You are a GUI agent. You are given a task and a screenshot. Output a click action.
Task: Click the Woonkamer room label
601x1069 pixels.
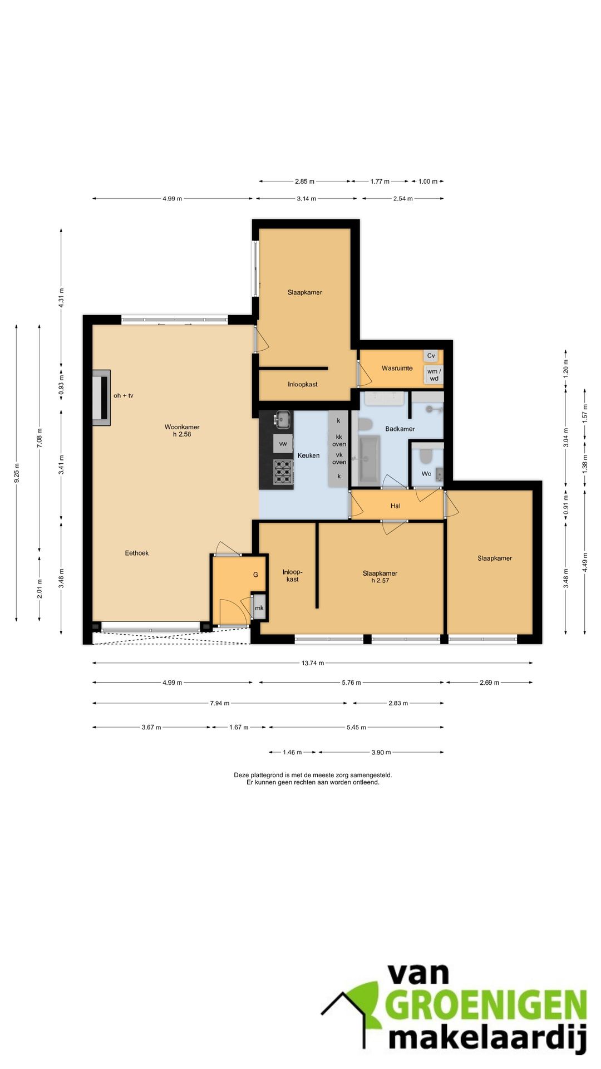pos(182,427)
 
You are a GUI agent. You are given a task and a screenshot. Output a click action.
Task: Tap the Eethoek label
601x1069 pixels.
pos(137,553)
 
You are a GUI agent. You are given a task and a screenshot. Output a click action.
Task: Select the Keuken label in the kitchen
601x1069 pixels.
pos(309,455)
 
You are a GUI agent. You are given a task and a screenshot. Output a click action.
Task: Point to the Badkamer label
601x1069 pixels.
pos(400,429)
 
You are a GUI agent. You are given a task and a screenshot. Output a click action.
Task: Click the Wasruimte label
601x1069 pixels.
pos(397,368)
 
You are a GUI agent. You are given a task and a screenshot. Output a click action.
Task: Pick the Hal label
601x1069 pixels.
pos(396,506)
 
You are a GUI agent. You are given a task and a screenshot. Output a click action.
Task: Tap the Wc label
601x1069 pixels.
pos(426,474)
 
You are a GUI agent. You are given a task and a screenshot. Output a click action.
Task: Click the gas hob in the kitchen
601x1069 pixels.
pos(283,471)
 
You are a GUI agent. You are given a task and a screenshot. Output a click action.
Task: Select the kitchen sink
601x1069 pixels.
pos(283,419)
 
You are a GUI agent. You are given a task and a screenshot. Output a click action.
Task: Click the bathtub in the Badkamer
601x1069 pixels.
pos(369,459)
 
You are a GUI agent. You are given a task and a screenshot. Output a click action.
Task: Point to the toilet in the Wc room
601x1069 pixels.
pos(426,456)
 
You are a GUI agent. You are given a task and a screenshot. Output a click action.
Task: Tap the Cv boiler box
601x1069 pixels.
pos(431,356)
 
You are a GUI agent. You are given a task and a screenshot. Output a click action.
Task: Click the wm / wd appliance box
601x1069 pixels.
pos(434,375)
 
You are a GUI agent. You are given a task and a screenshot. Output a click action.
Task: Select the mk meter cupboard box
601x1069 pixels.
pos(259,608)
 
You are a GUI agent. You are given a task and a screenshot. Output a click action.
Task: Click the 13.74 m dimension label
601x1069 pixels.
pos(313,663)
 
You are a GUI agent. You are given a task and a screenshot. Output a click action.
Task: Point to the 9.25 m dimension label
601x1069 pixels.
pos(17,473)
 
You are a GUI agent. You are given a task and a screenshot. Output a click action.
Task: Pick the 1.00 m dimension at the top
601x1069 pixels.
pos(428,182)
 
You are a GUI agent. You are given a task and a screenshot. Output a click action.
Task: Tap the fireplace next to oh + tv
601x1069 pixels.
pos(101,398)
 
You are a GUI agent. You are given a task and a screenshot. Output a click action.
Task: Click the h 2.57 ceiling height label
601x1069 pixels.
pos(380,580)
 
